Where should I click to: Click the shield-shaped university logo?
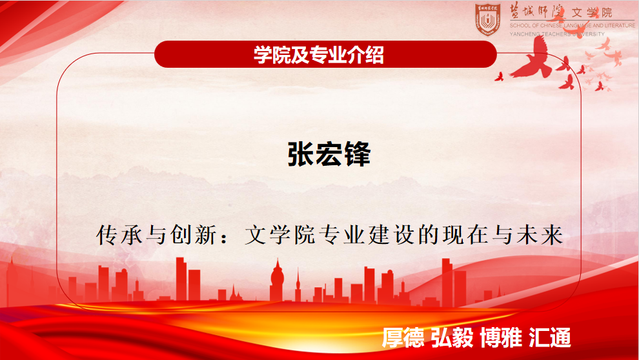point(488,19)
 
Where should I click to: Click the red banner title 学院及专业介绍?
point(319,55)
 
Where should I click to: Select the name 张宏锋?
point(329,154)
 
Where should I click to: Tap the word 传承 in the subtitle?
point(119,235)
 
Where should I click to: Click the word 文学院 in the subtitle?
point(280,235)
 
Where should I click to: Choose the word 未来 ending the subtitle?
point(540,235)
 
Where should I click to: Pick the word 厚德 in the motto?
point(403,337)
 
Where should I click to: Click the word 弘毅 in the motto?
point(452,337)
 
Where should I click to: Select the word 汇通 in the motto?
point(550,337)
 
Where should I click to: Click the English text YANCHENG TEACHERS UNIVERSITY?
point(557,34)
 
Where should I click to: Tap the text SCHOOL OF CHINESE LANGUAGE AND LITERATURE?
point(572,25)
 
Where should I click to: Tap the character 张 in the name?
point(301,154)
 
